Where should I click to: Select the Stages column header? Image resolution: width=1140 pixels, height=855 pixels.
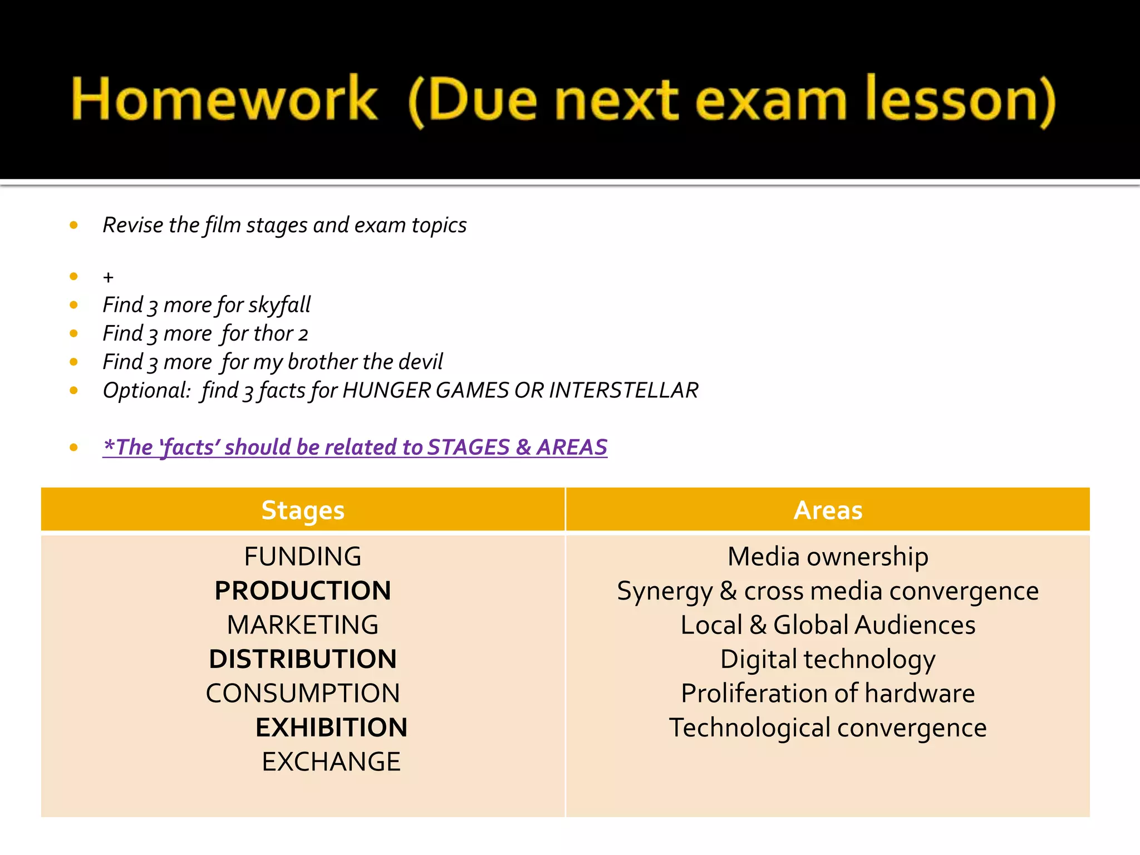[x=303, y=510]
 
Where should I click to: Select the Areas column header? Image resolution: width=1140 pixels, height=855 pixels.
[x=828, y=510]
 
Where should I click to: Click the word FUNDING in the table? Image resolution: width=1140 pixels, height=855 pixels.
[x=303, y=557]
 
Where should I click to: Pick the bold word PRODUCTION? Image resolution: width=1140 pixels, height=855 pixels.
[x=303, y=591]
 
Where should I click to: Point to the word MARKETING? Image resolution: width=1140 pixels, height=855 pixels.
[x=303, y=625]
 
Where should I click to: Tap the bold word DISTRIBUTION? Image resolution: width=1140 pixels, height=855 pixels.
[x=303, y=659]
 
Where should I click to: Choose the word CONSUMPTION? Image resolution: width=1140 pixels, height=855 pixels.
[x=303, y=694]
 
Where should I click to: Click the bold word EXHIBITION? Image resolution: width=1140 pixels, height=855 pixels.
[x=331, y=728]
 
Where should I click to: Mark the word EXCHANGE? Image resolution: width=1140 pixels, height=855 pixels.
[x=331, y=762]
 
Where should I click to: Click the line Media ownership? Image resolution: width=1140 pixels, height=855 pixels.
[x=828, y=557]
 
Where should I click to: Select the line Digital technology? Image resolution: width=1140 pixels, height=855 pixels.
[x=828, y=660]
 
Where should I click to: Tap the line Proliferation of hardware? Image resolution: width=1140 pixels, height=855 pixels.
[x=828, y=694]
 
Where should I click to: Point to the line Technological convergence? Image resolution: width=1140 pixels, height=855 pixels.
[x=828, y=728]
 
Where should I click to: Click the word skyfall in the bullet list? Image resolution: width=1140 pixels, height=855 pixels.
[x=279, y=305]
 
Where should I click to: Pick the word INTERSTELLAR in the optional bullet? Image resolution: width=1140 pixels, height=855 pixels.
[x=623, y=390]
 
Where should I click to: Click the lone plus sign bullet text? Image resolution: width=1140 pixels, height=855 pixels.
[x=108, y=277]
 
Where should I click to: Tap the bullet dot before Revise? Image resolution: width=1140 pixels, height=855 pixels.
[x=73, y=225]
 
